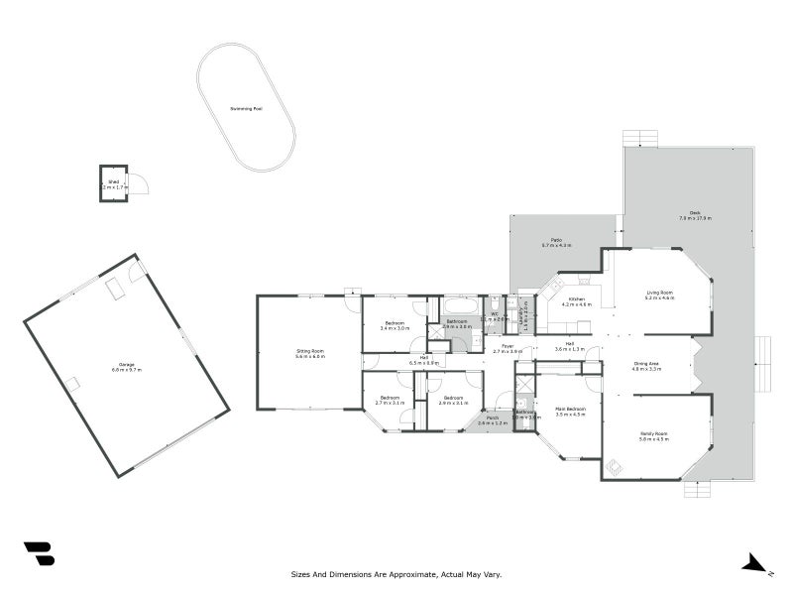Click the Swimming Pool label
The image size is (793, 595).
pos(245,108)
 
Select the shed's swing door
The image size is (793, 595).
pos(139,183)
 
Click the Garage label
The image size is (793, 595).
pos(127,367)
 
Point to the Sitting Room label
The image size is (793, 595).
pos(310,351)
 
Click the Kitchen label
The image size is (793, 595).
pos(576,298)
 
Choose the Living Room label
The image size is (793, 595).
pos(660,293)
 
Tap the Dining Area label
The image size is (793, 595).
pos(646,364)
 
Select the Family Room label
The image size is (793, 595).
pos(654,433)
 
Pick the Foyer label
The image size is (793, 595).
pos(507,346)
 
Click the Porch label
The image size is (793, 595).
pos(492,418)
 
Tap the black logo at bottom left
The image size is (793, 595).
pos(39,553)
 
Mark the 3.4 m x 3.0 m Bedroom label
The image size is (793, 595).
pos(395,323)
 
